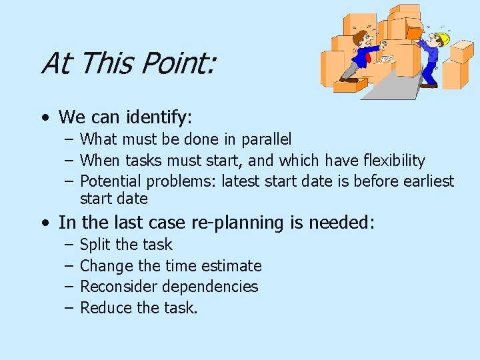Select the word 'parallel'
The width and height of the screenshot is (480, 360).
264,140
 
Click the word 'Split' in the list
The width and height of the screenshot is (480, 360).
93,245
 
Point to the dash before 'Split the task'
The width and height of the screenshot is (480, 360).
69,245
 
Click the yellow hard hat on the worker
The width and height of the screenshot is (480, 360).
441,39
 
